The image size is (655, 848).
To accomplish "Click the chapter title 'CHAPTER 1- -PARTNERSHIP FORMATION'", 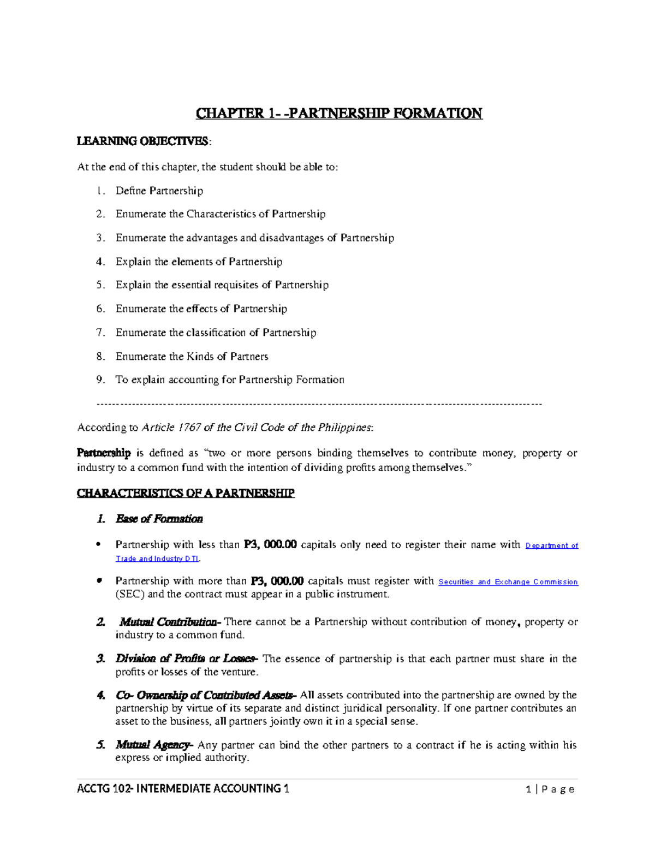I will point(339,114).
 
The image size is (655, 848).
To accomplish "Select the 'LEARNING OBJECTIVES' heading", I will point(143,141).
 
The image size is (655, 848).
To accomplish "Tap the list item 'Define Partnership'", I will point(159,191).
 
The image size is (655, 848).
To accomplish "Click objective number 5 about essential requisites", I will point(222,285).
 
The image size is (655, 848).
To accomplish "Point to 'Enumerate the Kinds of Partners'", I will point(192,357).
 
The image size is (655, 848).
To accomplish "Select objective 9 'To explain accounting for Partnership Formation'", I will point(229,380).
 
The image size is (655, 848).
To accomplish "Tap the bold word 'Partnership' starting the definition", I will point(104,453).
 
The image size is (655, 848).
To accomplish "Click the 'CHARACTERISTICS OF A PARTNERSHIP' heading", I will point(186,494).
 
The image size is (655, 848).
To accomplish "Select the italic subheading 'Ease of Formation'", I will point(159,519).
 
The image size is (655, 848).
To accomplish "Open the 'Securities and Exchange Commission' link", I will point(508,582).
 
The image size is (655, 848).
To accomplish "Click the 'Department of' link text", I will point(551,545).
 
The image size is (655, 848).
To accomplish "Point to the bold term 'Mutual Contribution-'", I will point(170,622).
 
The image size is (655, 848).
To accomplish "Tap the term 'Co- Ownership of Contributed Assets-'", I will point(206,696).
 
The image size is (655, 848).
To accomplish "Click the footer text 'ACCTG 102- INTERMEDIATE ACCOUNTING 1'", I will point(183,788).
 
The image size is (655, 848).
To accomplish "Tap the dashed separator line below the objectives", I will point(319,404).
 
